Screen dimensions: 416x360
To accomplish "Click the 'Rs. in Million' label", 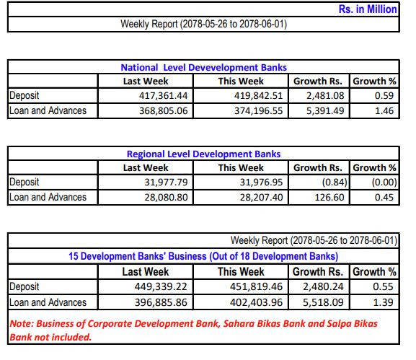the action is click(368, 9).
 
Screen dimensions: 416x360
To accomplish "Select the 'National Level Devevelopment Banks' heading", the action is click(204, 67).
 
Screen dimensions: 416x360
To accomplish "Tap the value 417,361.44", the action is click(164, 95).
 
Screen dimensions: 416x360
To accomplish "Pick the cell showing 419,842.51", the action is click(258, 95).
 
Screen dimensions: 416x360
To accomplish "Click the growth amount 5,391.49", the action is click(325, 110).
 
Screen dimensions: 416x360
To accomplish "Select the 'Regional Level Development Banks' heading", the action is click(204, 154).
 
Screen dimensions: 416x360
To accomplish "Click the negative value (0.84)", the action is click(335, 182).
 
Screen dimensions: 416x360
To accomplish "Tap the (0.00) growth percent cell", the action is click(384, 182).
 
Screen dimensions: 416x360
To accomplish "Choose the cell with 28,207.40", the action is click(261, 197).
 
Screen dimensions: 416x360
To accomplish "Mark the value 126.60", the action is click(329, 197).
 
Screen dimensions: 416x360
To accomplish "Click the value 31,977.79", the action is click(166, 182).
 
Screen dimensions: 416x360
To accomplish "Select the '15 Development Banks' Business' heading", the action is click(203, 256).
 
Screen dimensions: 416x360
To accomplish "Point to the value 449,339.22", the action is click(161, 286).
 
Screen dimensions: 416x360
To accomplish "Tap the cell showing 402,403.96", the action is click(256, 302).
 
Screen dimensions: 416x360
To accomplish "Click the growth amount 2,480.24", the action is click(323, 286).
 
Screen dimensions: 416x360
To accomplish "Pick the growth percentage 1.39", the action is click(383, 302).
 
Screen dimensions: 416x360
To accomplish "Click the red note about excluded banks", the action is click(194, 330).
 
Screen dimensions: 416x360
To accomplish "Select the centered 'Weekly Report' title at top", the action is click(204, 24).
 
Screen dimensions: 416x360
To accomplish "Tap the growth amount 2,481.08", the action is click(325, 95).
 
